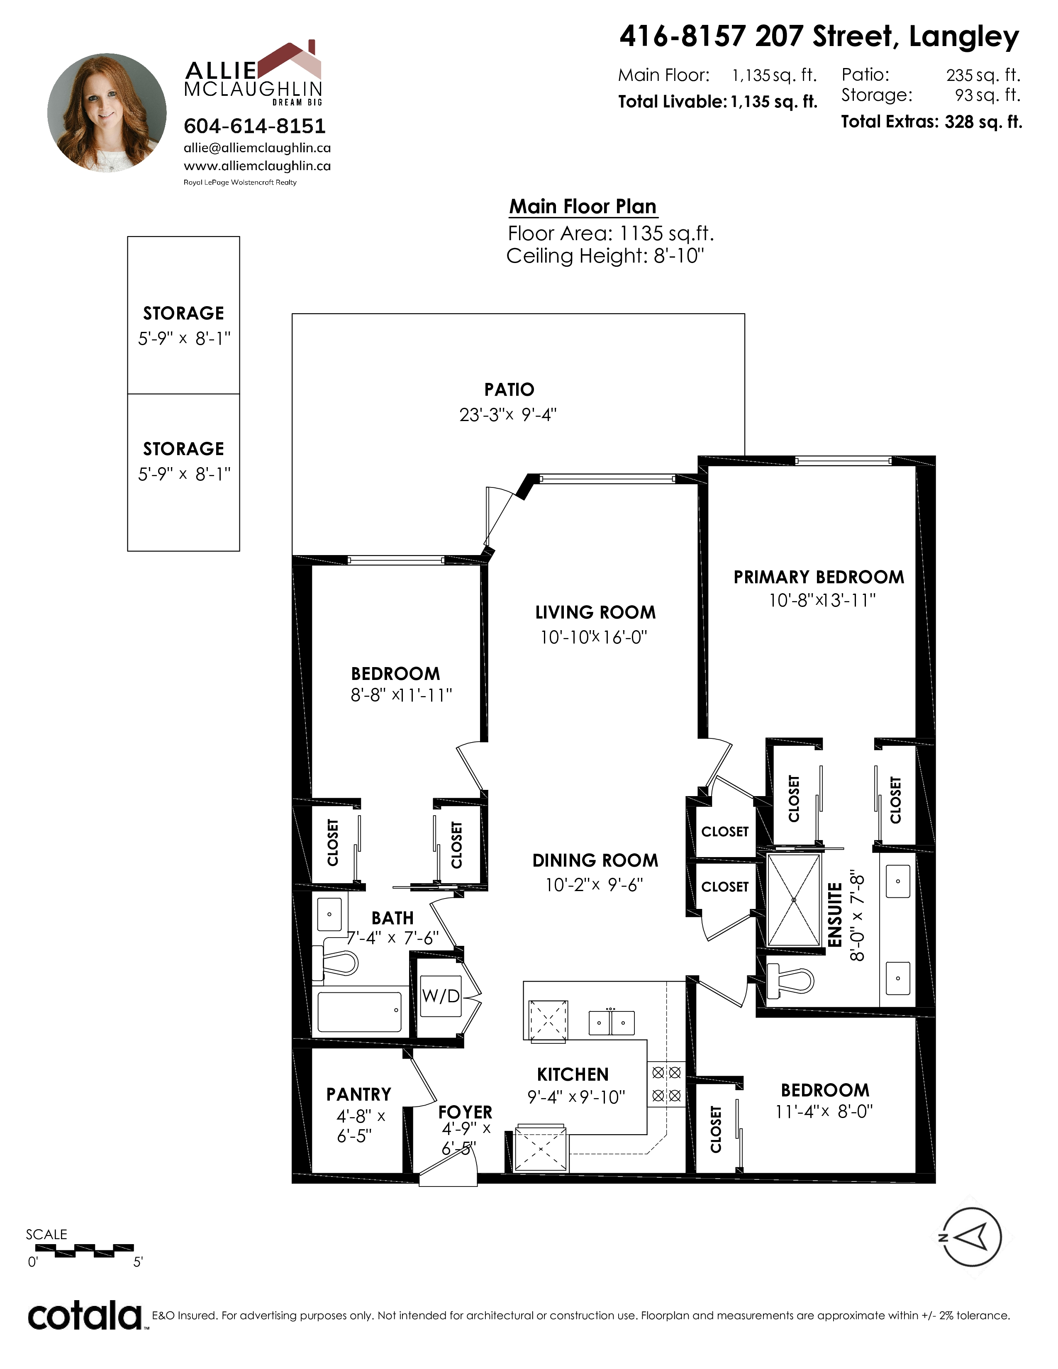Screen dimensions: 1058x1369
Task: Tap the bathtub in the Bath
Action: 359,1012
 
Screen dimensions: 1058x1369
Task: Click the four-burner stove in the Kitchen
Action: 666,1084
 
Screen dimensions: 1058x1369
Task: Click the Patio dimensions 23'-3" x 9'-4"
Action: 508,414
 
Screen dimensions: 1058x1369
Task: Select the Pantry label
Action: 358,1094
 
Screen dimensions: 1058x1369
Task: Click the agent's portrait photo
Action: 107,112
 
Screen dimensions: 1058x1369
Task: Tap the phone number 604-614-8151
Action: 254,126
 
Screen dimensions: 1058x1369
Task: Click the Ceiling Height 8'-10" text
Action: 605,256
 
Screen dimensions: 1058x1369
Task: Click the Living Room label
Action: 595,612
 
